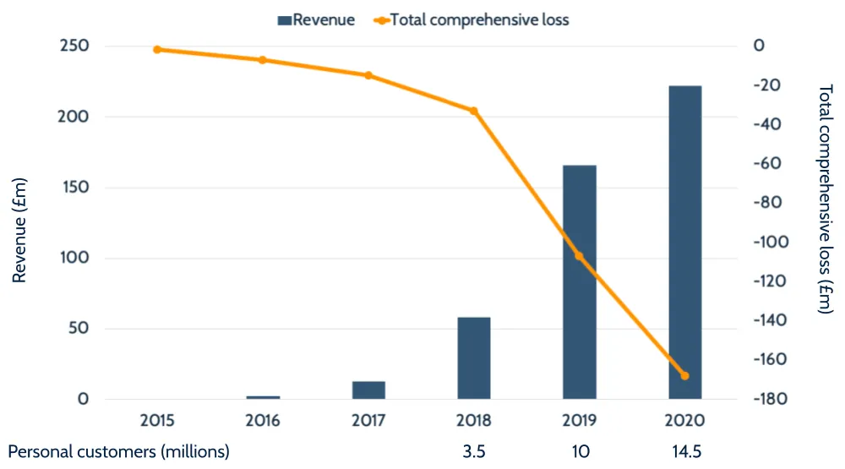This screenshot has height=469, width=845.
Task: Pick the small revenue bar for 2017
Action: pyautogui.click(x=368, y=390)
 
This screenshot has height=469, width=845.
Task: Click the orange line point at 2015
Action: pyautogui.click(x=157, y=50)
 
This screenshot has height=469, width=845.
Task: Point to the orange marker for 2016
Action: pyautogui.click(x=263, y=60)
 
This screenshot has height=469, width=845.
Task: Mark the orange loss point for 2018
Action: pyautogui.click(x=474, y=111)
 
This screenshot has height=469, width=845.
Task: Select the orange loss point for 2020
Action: pyautogui.click(x=684, y=376)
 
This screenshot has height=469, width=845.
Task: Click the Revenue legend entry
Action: pyautogui.click(x=316, y=19)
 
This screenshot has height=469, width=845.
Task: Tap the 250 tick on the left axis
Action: pyautogui.click(x=74, y=46)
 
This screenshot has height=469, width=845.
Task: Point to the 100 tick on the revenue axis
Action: pyautogui.click(x=74, y=258)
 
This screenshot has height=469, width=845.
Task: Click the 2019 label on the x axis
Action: pyautogui.click(x=579, y=420)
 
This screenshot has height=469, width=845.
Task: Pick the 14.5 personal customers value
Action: pyautogui.click(x=684, y=452)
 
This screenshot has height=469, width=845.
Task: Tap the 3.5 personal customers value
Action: pyautogui.click(x=474, y=452)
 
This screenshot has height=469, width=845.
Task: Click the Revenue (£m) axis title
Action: pyautogui.click(x=20, y=223)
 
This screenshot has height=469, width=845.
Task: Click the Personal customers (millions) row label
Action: pyautogui.click(x=119, y=452)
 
